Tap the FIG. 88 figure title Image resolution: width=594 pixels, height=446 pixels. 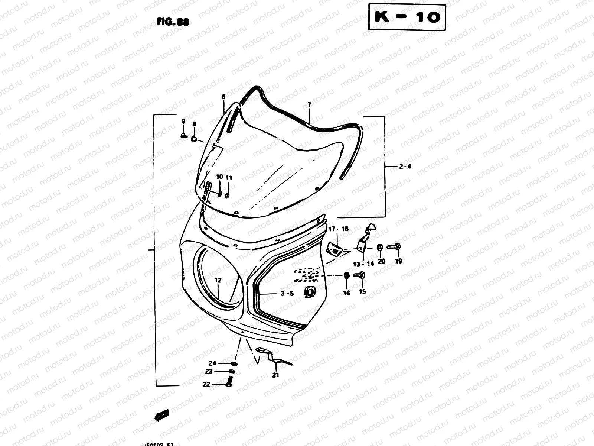[173, 22]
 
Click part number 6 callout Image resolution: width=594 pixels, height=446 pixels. [223, 97]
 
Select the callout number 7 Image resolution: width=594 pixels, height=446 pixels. [309, 105]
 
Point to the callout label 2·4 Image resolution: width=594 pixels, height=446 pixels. [405, 167]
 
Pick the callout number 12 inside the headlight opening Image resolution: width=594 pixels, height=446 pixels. [218, 280]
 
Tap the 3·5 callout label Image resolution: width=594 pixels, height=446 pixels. [287, 293]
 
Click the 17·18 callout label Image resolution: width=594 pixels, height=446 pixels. [338, 229]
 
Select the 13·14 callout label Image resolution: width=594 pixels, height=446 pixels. [363, 264]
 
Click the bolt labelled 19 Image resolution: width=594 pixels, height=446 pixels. [394, 246]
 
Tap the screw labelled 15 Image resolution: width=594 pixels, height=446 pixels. [360, 275]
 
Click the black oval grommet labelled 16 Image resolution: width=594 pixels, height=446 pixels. [346, 276]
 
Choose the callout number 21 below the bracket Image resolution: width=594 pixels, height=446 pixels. [275, 375]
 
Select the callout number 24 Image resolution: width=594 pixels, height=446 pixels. [212, 363]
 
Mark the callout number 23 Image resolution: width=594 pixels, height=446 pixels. [209, 371]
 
